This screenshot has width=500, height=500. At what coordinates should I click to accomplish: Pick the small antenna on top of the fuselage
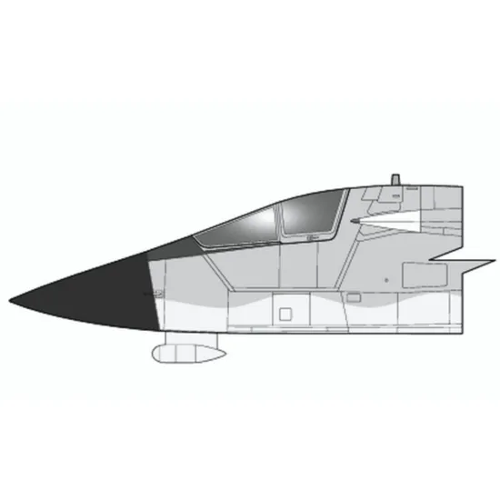[x=395, y=177]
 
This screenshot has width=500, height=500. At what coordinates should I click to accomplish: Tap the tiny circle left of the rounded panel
[x=386, y=273]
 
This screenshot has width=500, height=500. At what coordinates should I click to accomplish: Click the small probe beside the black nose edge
[x=151, y=293]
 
